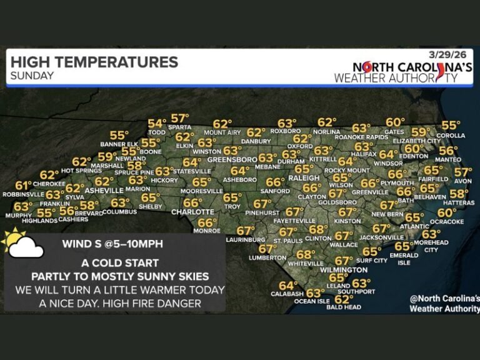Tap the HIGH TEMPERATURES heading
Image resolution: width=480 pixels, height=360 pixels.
(x=94, y=62)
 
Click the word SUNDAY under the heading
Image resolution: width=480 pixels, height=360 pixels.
(x=32, y=76)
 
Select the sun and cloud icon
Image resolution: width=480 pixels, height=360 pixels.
(x=22, y=244)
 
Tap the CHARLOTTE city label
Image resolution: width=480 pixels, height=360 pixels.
(x=193, y=212)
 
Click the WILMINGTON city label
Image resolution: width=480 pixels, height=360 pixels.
(x=343, y=270)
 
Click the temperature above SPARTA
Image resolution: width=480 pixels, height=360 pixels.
(x=180, y=118)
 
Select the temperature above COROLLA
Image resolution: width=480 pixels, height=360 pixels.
(x=450, y=126)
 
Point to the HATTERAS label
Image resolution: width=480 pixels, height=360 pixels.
(x=459, y=204)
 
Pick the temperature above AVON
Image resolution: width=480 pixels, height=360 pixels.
(x=462, y=172)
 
